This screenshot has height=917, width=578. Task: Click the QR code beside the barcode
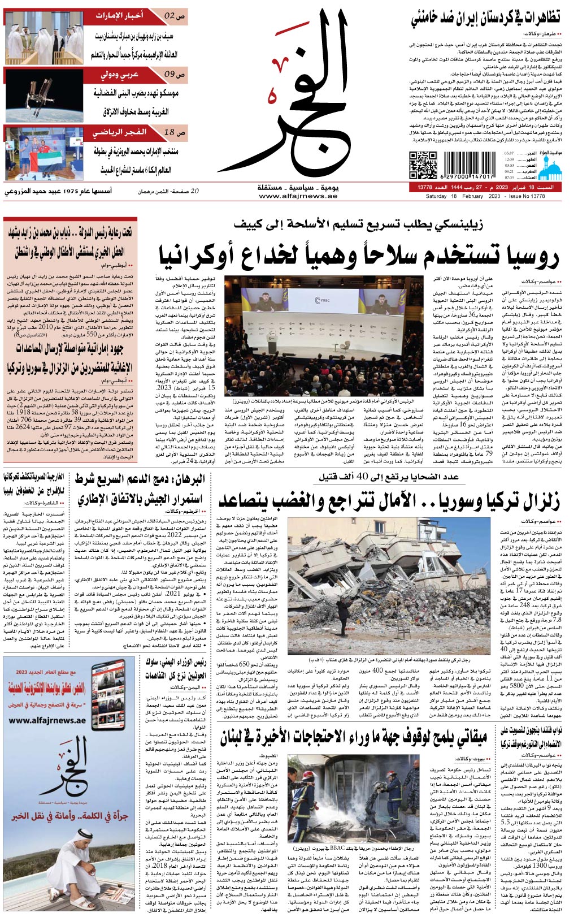click(x=423, y=165)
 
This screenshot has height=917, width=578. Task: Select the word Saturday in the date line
click(x=438, y=196)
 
